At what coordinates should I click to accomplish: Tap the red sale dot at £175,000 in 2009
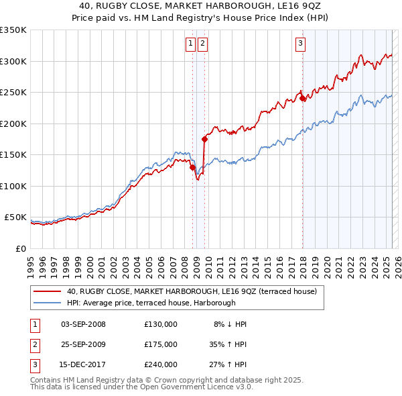point(204,139)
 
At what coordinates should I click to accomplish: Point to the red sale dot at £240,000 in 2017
point(302,98)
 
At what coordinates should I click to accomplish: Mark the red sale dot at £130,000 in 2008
point(192,167)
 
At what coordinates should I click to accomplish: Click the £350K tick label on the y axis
point(13,30)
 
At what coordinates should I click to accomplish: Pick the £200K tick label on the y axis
point(13,123)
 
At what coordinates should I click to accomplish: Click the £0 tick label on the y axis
point(20,248)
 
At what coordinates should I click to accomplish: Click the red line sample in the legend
point(48,292)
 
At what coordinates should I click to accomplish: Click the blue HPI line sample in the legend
point(48,303)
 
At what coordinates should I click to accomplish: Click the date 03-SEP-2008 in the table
point(83,324)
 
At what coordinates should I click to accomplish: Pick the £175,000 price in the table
point(161,344)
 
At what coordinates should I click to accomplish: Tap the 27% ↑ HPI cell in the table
point(228,364)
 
